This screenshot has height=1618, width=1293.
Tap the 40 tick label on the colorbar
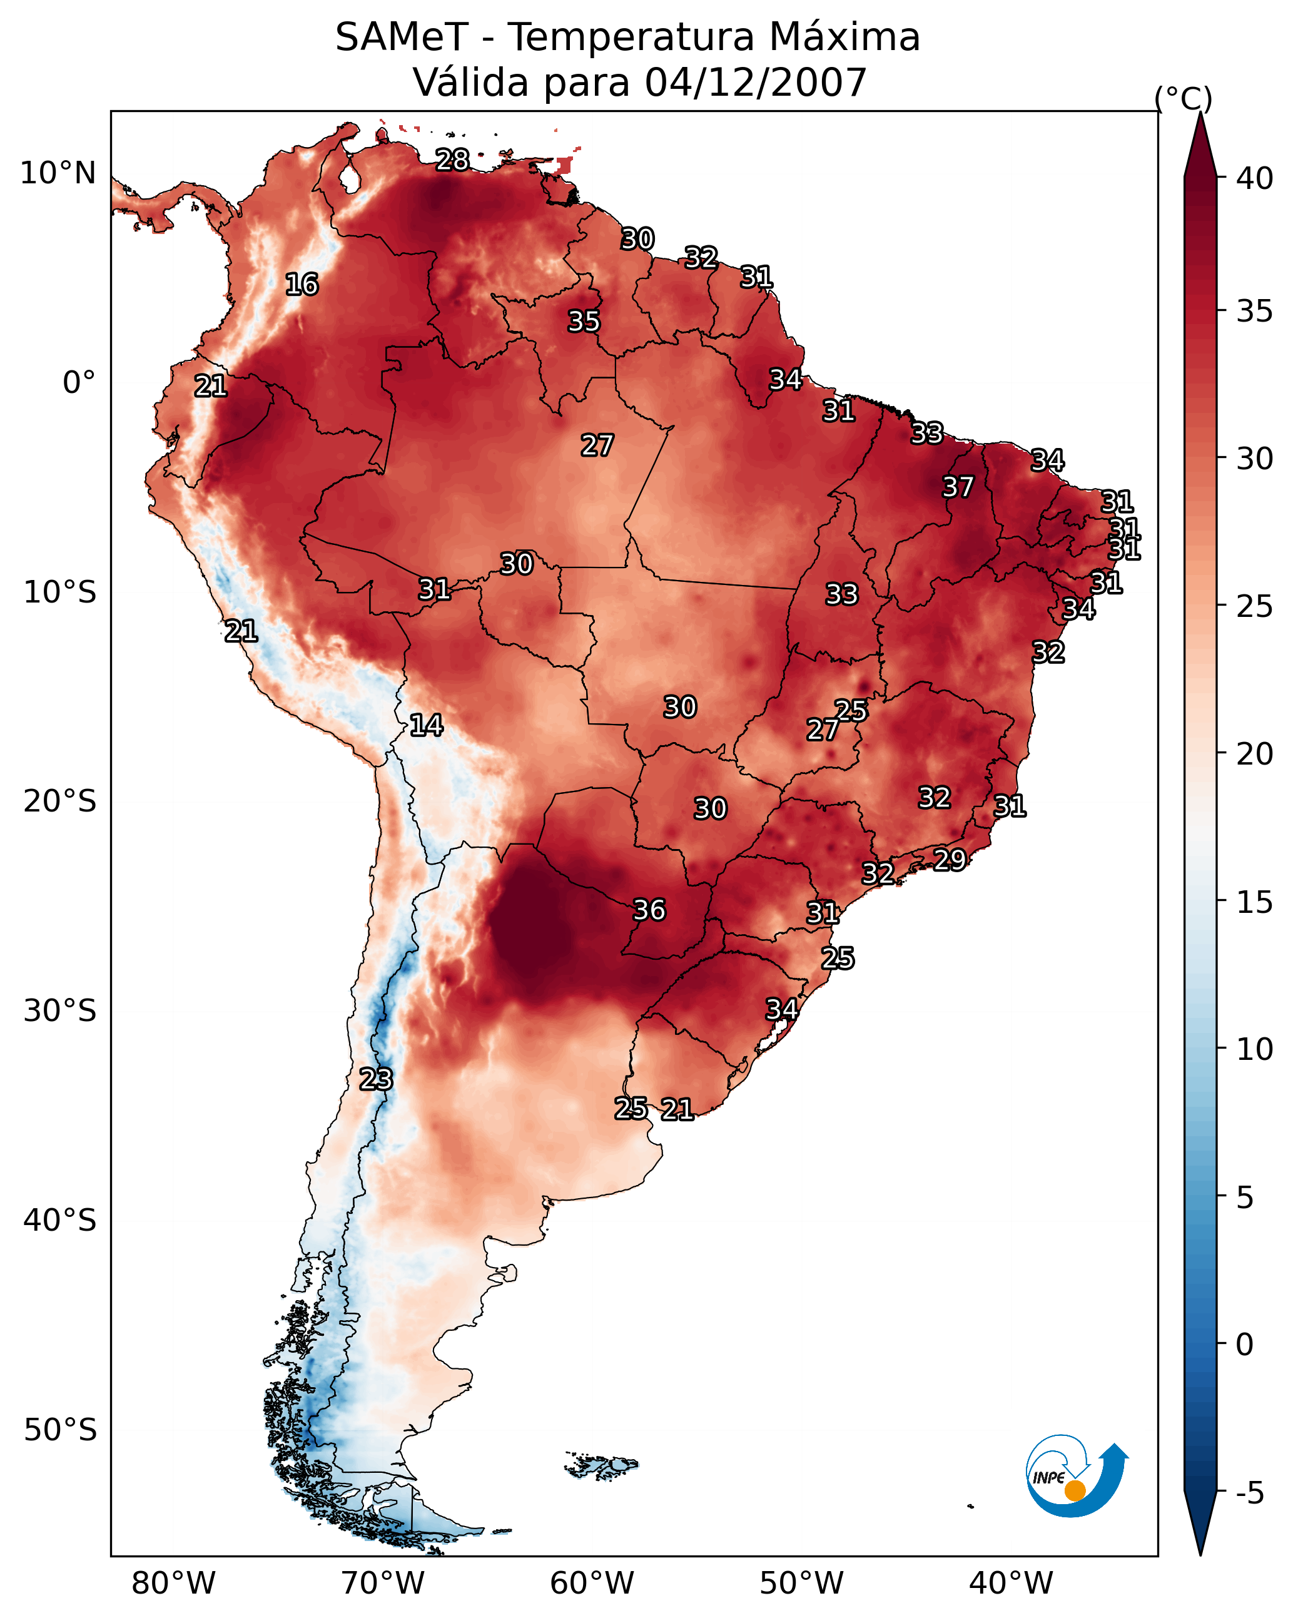pos(1255,178)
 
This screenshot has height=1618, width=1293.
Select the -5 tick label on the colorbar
pos(1249,1493)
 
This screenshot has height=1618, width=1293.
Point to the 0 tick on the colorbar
pos(1244,1345)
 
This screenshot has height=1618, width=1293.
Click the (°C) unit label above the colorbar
pos(1184,98)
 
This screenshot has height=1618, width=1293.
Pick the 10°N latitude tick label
pos(58,173)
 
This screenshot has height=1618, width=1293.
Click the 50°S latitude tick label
pos(60,1430)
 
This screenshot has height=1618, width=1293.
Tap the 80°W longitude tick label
pos(173,1583)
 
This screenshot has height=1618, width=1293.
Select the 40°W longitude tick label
pos(1011,1583)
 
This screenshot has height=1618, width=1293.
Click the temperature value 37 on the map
pos(958,487)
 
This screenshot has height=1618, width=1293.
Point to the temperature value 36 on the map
pos(649,910)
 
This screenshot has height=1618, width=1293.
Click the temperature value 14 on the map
pos(425,725)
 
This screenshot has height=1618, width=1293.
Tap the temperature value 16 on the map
pos(302,285)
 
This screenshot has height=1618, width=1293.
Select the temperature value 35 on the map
pos(584,321)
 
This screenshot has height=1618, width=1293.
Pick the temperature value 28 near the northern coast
pos(452,160)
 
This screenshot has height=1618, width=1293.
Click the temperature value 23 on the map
pos(375,1079)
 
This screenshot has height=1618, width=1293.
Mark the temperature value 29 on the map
pos(950,859)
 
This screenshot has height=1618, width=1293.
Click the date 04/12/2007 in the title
pos(756,83)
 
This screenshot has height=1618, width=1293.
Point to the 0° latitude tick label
pos(79,383)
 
